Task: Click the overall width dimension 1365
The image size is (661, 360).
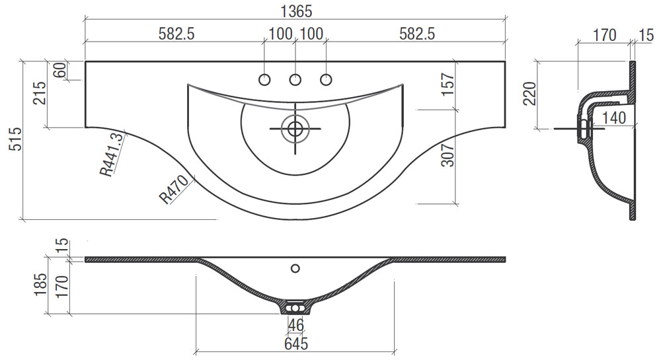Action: pos(296,11)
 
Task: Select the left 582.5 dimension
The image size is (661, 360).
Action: pos(176,34)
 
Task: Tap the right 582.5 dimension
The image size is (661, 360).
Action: pos(417,34)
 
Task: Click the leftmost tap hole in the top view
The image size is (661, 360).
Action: pos(264,79)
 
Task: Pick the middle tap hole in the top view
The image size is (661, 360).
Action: pos(295,79)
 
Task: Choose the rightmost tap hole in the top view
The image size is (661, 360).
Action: pos(326,79)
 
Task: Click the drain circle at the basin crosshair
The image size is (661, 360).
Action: pos(295,128)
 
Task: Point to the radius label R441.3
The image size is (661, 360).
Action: pos(113,154)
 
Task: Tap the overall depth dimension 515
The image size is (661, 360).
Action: pos(15,139)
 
